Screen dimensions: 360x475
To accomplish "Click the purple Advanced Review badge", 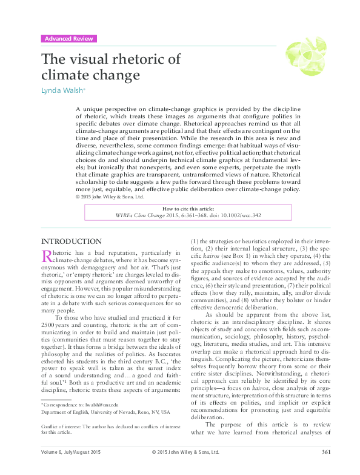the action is pos(69,39).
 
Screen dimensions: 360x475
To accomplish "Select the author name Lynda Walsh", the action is pos(62,90).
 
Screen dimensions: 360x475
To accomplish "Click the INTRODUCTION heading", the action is pos(71,241).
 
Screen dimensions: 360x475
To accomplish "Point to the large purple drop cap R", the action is pos(47,257).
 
